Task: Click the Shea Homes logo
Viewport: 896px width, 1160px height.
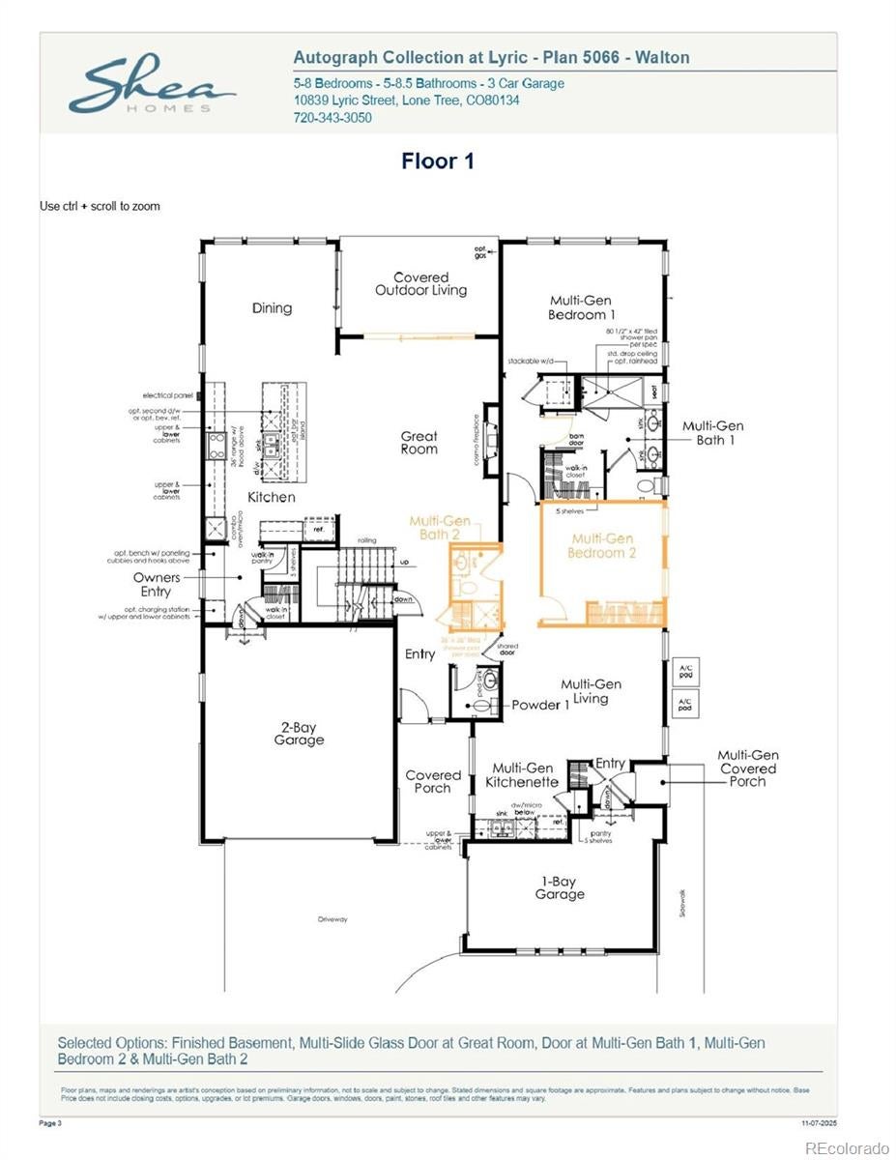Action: click(151, 85)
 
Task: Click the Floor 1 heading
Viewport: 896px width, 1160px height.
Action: click(438, 161)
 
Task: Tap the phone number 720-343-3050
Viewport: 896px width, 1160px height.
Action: click(332, 118)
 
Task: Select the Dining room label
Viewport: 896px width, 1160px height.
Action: click(272, 308)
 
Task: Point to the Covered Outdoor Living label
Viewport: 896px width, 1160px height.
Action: click(420, 284)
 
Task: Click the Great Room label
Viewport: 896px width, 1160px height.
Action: click(419, 443)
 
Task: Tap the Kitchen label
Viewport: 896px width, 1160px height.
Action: click(271, 497)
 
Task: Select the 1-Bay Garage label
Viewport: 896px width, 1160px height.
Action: click(560, 887)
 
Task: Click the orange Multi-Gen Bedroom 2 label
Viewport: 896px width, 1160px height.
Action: click(602, 546)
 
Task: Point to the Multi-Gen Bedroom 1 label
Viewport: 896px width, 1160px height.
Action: click(581, 307)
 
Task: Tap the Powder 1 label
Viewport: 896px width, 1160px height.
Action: click(540, 705)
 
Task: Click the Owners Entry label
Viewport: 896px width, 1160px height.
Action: click(157, 585)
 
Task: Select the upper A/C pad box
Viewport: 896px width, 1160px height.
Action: click(685, 673)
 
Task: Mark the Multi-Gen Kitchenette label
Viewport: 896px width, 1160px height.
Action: click(522, 774)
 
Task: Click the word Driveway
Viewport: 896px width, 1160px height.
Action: click(332, 919)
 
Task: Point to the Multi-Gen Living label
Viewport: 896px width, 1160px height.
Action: click(591, 691)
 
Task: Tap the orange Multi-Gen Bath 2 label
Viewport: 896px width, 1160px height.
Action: click(440, 527)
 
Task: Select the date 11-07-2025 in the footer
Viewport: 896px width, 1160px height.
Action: click(818, 1123)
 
